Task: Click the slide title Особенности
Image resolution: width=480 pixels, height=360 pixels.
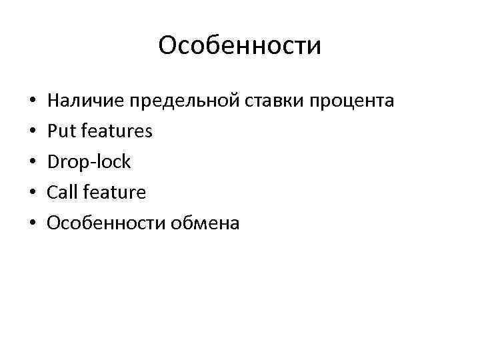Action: click(x=240, y=46)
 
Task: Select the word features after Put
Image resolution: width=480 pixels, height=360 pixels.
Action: click(x=115, y=132)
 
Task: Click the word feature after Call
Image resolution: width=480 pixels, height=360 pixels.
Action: click(x=113, y=193)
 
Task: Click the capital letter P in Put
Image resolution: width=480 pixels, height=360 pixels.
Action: click(x=52, y=132)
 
